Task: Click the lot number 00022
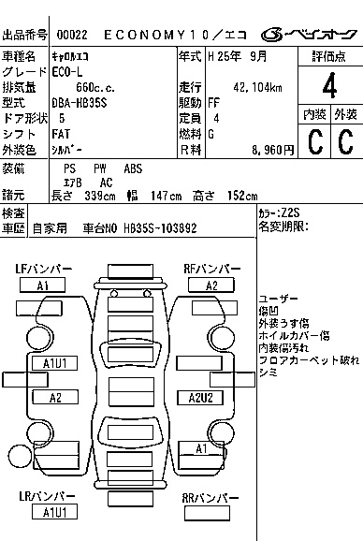point(72,35)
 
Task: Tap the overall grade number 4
point(329,86)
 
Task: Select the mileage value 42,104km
point(257,88)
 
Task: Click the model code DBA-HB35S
point(80,103)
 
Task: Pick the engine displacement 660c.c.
point(95,88)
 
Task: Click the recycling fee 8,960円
point(272,150)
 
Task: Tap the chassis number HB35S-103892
point(160,228)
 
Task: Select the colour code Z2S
point(291,212)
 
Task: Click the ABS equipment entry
point(133,168)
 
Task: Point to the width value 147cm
point(166,196)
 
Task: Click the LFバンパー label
point(43,269)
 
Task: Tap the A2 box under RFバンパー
point(211,285)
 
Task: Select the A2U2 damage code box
point(200,398)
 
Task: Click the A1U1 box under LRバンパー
point(54,512)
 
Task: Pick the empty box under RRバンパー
point(207,513)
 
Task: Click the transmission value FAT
point(61,134)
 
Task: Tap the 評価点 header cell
point(329,56)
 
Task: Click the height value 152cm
point(242,196)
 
